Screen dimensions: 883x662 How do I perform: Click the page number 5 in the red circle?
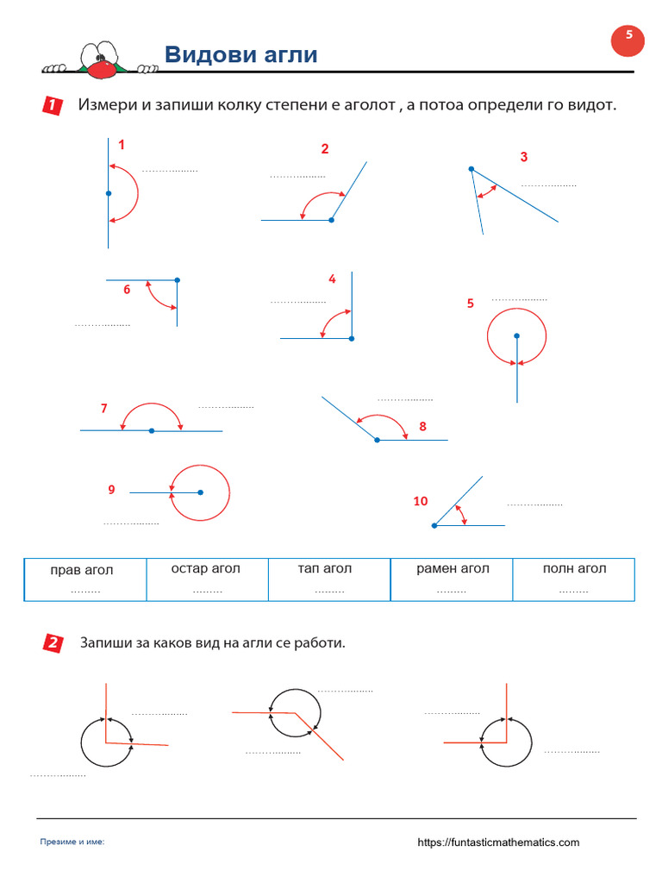click(x=628, y=36)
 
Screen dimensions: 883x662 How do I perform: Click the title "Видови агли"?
click(x=240, y=55)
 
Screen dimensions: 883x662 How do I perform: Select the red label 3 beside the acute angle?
click(x=523, y=157)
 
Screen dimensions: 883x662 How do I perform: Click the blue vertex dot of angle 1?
click(x=109, y=193)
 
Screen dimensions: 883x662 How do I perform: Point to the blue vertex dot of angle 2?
click(x=331, y=220)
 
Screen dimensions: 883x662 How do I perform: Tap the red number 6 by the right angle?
click(x=127, y=290)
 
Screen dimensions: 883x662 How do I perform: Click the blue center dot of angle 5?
click(x=516, y=335)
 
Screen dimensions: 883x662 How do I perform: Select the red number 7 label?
click(x=103, y=408)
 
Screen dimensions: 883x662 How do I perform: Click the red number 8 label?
click(x=422, y=426)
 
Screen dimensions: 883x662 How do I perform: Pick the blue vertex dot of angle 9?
click(x=200, y=492)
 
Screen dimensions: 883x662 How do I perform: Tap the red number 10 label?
click(x=420, y=501)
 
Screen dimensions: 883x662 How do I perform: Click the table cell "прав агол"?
click(x=85, y=579)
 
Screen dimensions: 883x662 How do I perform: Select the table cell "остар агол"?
click(x=207, y=579)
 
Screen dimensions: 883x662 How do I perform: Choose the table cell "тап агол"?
click(x=329, y=579)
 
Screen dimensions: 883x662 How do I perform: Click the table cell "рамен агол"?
click(x=452, y=579)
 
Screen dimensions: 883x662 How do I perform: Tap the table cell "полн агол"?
click(x=574, y=579)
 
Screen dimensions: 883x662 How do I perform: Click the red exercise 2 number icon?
click(x=53, y=643)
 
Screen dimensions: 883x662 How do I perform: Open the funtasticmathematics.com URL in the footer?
click(x=498, y=842)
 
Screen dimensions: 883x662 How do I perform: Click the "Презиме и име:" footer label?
click(x=72, y=842)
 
